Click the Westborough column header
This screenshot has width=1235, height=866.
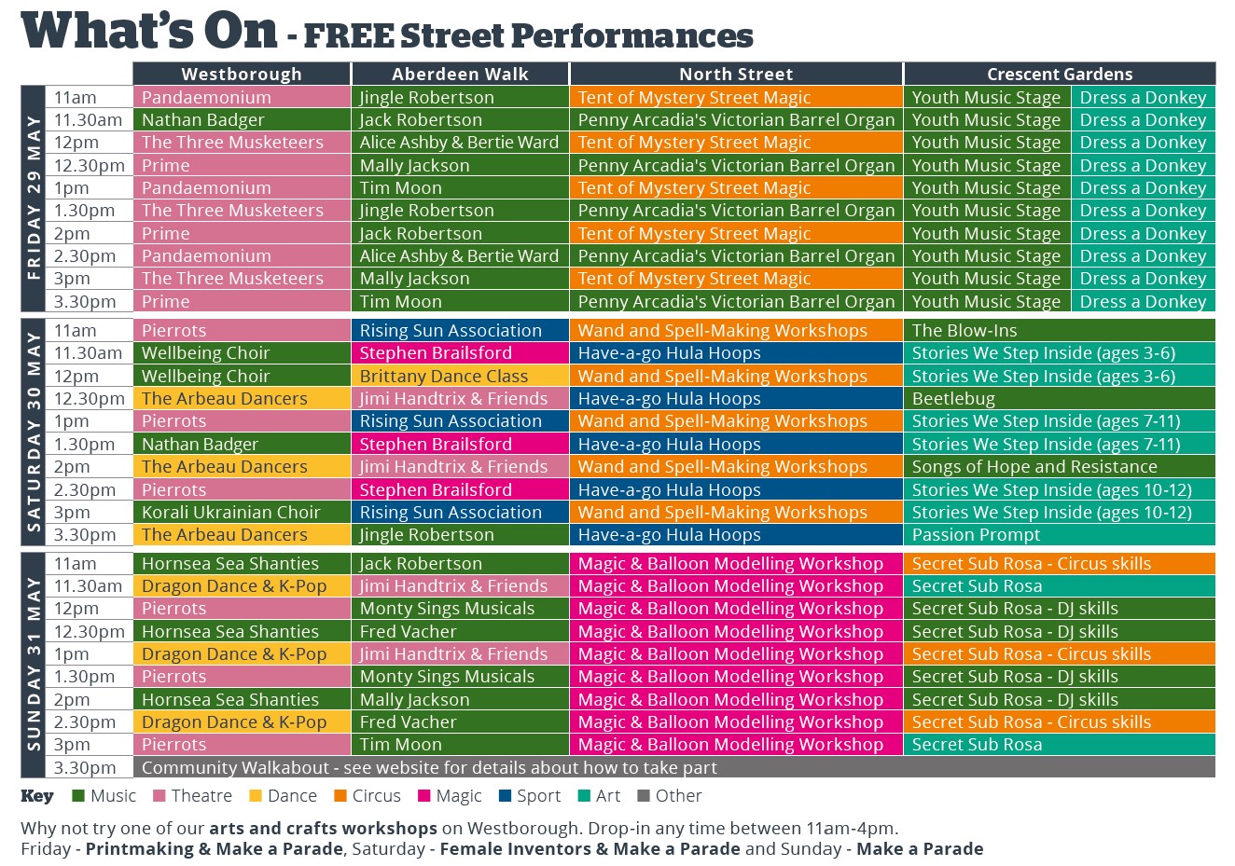(x=242, y=74)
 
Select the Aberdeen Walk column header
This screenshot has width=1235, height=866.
(x=460, y=74)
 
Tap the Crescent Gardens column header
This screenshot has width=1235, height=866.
(x=1060, y=74)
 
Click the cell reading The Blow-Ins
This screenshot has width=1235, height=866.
(x=964, y=330)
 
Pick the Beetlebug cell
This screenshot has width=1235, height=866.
(x=953, y=398)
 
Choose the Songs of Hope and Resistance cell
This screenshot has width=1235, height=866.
(x=1034, y=466)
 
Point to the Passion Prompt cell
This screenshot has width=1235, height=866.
(x=976, y=534)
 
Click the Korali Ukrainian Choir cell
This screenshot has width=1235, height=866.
(x=230, y=512)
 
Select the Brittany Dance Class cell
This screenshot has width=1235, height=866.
(x=444, y=376)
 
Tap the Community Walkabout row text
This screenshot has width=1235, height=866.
(x=429, y=767)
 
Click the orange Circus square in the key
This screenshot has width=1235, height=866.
(x=340, y=796)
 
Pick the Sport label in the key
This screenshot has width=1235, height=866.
(x=538, y=796)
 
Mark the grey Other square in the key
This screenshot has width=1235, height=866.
(x=643, y=796)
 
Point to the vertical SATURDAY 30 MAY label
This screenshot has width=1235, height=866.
(x=34, y=432)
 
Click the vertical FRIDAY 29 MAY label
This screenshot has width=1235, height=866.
(x=34, y=199)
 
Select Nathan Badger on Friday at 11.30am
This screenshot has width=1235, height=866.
(x=203, y=119)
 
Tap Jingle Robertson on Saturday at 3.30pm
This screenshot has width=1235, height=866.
(x=426, y=534)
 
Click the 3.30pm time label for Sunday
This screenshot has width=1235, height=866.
(x=85, y=767)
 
